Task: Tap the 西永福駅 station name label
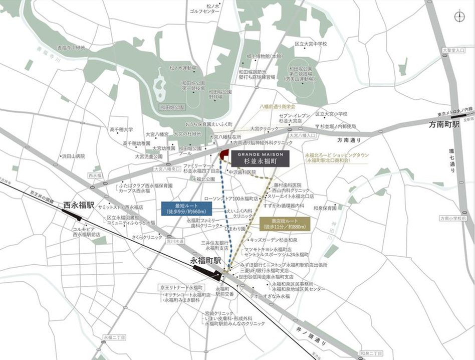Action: coord(79,205)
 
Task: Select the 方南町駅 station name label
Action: coord(441,124)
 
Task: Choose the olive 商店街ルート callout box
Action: coord(285,224)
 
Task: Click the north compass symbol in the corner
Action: coord(459,17)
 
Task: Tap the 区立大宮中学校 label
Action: coord(311,44)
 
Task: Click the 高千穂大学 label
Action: coord(121,129)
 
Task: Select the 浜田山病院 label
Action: coord(73,156)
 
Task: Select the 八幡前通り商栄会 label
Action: coord(278,107)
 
